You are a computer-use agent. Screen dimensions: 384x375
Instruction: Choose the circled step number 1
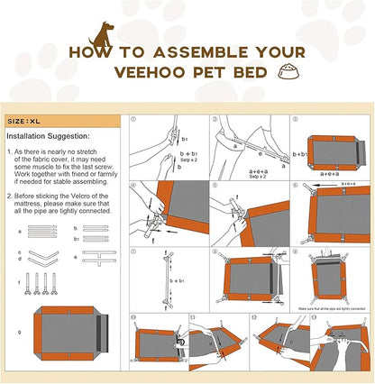[133, 119]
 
